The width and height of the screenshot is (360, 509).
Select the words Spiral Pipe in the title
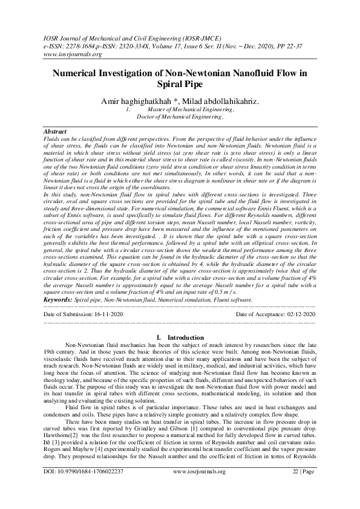pyautogui.click(x=180, y=85)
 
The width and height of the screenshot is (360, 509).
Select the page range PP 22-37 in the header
pyautogui.click(x=298, y=45)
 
